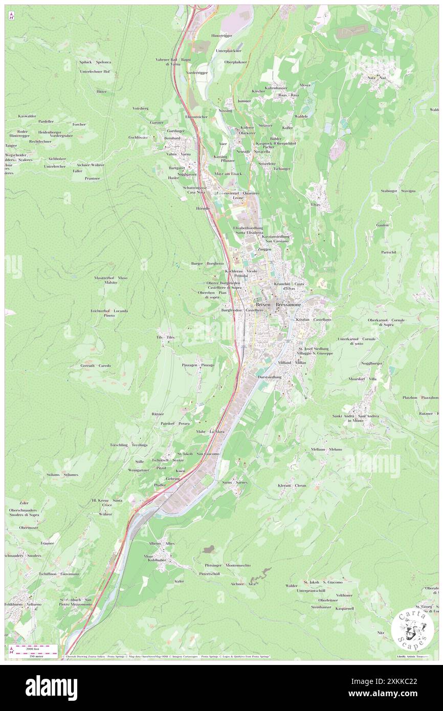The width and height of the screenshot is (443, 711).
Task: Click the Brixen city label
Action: pyautogui.click(x=263, y=304)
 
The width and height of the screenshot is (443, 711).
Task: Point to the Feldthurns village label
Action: pyautogui.click(x=14, y=604)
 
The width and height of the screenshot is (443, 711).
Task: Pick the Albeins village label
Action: pyautogui.click(x=155, y=543)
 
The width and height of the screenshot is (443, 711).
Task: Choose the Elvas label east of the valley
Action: pyautogui.click(x=315, y=204)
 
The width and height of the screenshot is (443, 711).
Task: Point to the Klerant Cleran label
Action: pyautogui.click(x=292, y=485)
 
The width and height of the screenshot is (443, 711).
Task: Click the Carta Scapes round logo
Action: pyautogui.click(x=412, y=629)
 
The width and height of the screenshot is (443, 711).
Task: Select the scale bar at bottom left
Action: pyautogui.click(x=32, y=648)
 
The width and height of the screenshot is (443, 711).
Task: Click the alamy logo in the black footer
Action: pyautogui.click(x=51, y=687)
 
